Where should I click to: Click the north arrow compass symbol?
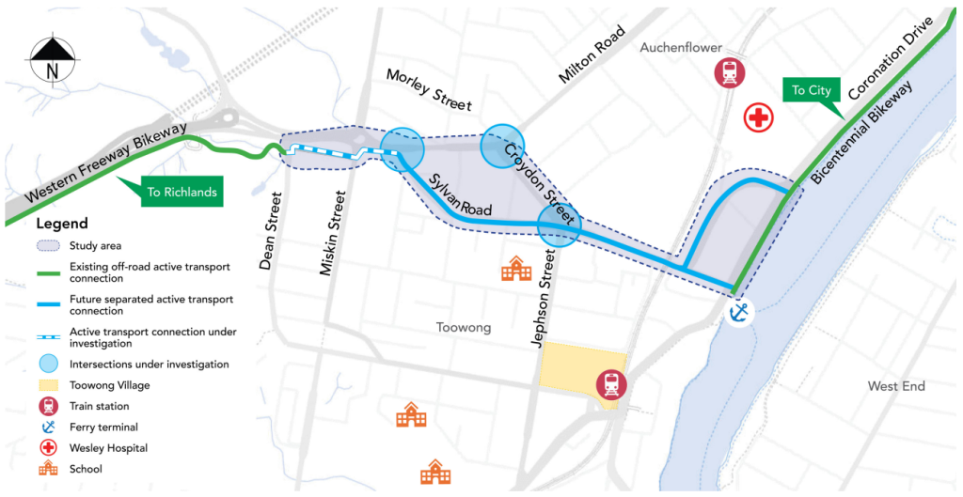coord(54,58)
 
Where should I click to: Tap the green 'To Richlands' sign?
coord(182,193)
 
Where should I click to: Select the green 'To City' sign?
coord(811,91)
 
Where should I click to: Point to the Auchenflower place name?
coord(681,47)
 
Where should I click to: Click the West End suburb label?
coord(896,386)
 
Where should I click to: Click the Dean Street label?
coord(271,231)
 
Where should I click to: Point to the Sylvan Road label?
coord(461,197)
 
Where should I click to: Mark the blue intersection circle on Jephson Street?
coord(559,226)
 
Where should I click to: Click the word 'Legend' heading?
coord(62,224)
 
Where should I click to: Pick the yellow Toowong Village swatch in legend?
coord(51,385)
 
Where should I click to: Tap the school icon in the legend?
coord(51,468)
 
